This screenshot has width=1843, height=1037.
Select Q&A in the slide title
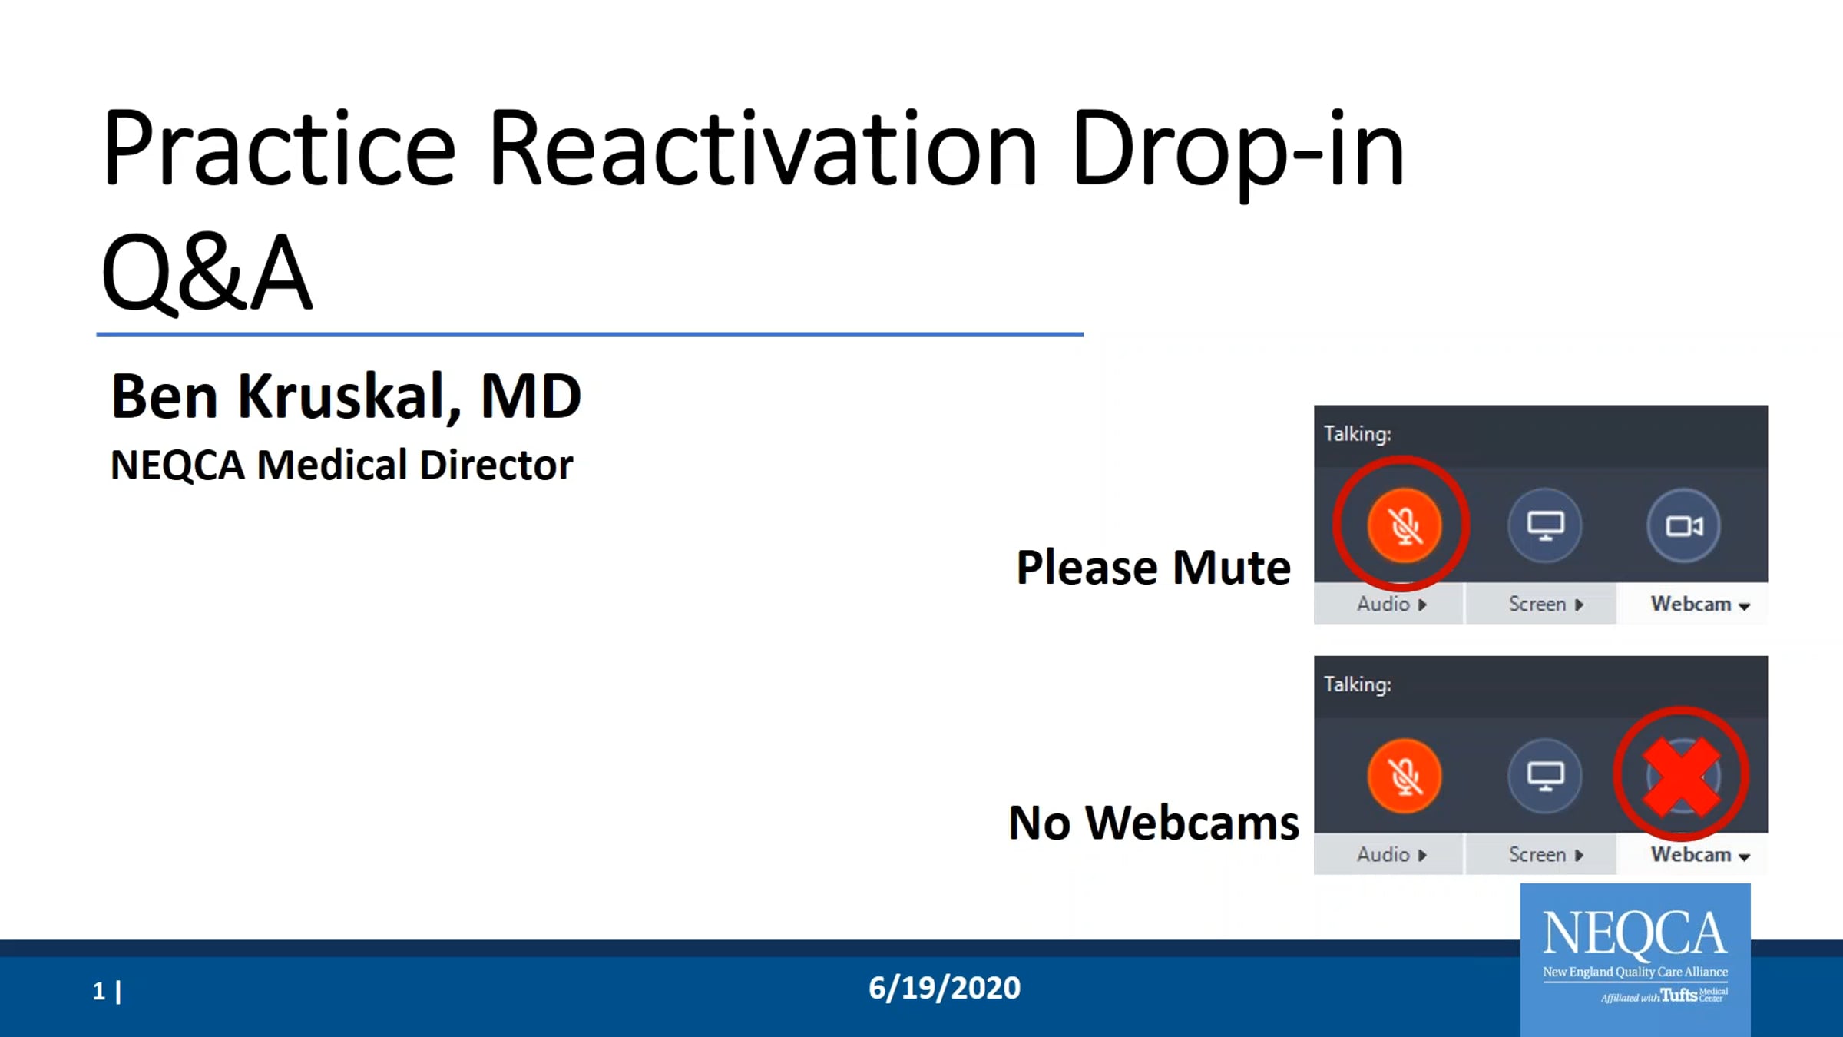click(207, 273)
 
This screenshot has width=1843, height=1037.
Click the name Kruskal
click(349, 397)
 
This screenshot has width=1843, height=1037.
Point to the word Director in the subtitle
click(496, 465)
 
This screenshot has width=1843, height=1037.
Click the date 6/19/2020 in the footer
click(945, 988)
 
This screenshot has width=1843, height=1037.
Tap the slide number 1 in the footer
click(99, 991)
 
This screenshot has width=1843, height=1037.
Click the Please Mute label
click(1153, 568)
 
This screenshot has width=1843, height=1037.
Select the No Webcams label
click(1153, 823)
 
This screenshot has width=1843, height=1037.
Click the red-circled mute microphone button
click(1405, 526)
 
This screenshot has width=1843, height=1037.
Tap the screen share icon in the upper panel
click(1545, 526)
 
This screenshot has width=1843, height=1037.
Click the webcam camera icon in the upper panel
click(1683, 526)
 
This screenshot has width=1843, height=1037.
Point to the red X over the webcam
click(1681, 777)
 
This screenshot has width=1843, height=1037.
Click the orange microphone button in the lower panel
click(1405, 776)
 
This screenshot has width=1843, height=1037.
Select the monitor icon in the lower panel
click(1545, 775)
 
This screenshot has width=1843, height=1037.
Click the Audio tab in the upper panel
click(1389, 604)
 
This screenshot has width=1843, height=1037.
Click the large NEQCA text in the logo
click(1635, 933)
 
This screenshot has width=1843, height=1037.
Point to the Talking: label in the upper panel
click(1358, 434)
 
